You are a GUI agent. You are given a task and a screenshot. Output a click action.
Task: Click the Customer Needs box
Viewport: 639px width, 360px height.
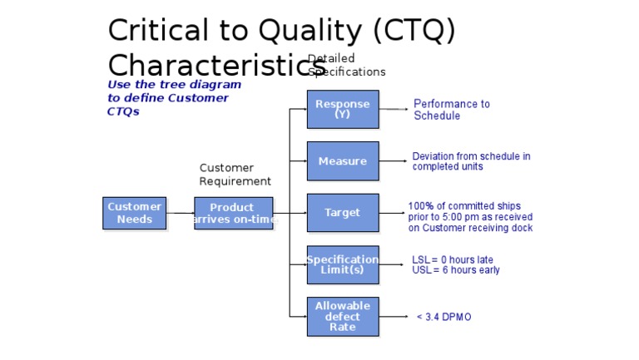(x=134, y=213)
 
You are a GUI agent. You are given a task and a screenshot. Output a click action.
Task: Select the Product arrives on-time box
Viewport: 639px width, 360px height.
(x=233, y=213)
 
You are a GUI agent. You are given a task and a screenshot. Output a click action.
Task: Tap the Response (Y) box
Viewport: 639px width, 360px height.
(x=342, y=109)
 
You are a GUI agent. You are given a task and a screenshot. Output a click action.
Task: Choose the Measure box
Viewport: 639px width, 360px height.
(x=342, y=160)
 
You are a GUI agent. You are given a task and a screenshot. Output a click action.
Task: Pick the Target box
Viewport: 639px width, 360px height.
(x=342, y=212)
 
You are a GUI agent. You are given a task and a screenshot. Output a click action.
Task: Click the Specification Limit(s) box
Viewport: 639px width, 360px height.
(x=342, y=264)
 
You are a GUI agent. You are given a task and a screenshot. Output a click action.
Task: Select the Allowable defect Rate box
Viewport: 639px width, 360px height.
(x=342, y=316)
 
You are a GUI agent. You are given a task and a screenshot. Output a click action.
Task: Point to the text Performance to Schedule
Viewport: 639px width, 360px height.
(x=452, y=110)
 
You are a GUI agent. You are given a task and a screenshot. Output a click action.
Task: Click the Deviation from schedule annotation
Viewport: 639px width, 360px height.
(x=471, y=161)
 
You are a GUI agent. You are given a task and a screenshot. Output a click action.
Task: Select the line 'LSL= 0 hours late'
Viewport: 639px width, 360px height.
(x=452, y=259)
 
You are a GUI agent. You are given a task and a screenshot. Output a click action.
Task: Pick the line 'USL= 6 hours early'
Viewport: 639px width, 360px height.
(x=455, y=270)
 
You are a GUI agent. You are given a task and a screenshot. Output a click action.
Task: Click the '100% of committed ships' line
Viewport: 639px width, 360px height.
(x=464, y=205)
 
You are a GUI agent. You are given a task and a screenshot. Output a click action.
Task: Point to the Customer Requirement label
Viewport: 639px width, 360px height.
(x=235, y=175)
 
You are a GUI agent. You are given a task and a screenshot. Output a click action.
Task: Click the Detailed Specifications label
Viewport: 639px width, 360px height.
(x=346, y=66)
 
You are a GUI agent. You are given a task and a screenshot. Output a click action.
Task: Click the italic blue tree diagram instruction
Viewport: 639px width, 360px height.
(x=174, y=97)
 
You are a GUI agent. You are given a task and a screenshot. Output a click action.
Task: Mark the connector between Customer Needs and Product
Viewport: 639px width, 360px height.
(x=180, y=213)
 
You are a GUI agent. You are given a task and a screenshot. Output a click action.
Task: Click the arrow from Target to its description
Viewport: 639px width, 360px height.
(x=393, y=213)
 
